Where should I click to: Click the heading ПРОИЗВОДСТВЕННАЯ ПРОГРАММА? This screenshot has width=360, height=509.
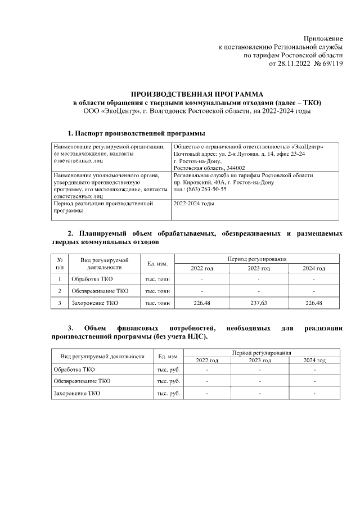click(x=197, y=94)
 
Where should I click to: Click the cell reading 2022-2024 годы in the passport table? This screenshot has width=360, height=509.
click(x=194, y=204)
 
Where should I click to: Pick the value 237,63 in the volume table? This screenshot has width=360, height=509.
click(x=258, y=303)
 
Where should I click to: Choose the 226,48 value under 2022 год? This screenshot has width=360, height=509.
click(x=201, y=303)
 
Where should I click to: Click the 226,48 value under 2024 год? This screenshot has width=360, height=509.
click(x=313, y=303)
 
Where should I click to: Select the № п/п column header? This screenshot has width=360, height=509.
click(x=60, y=264)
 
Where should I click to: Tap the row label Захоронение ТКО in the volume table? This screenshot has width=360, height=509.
click(x=94, y=303)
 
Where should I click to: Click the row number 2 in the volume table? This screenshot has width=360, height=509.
click(x=60, y=291)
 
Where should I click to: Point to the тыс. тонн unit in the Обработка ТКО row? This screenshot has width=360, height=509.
click(x=157, y=279)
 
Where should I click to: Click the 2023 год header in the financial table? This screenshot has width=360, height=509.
click(x=260, y=361)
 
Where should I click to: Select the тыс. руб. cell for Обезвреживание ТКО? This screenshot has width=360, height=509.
click(x=168, y=381)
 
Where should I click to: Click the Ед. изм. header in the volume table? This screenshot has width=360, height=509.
click(x=157, y=264)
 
